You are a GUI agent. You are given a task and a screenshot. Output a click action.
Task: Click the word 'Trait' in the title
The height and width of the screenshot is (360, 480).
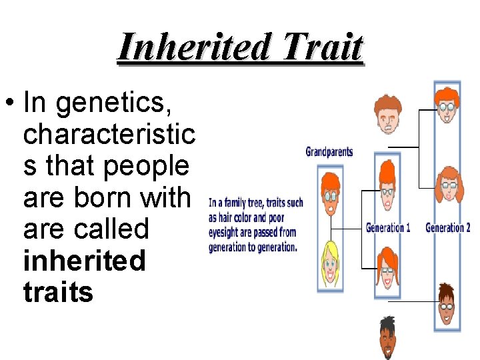pos(323,47)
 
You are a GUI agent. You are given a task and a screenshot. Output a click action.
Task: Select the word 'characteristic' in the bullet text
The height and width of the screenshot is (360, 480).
pos(109,135)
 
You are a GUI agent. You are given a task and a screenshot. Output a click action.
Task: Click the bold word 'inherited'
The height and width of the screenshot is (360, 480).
pos(84,261)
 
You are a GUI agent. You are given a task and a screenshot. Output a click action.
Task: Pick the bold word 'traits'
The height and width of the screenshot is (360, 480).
pos(58,292)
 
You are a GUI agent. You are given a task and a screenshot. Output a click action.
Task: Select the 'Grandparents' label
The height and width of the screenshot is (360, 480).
pos(329,151)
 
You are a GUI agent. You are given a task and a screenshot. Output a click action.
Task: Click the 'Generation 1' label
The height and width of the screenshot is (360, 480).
pos(388,227)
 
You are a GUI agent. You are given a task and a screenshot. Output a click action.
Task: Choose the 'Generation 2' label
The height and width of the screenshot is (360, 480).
pos(448,227)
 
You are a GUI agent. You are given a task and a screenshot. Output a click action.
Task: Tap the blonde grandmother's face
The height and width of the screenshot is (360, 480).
pos(330,265)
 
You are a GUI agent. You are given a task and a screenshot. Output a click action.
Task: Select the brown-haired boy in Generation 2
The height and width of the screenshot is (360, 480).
pos(447,303)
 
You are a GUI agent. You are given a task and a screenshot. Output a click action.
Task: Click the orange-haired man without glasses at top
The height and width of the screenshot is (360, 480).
pos(387,114)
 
